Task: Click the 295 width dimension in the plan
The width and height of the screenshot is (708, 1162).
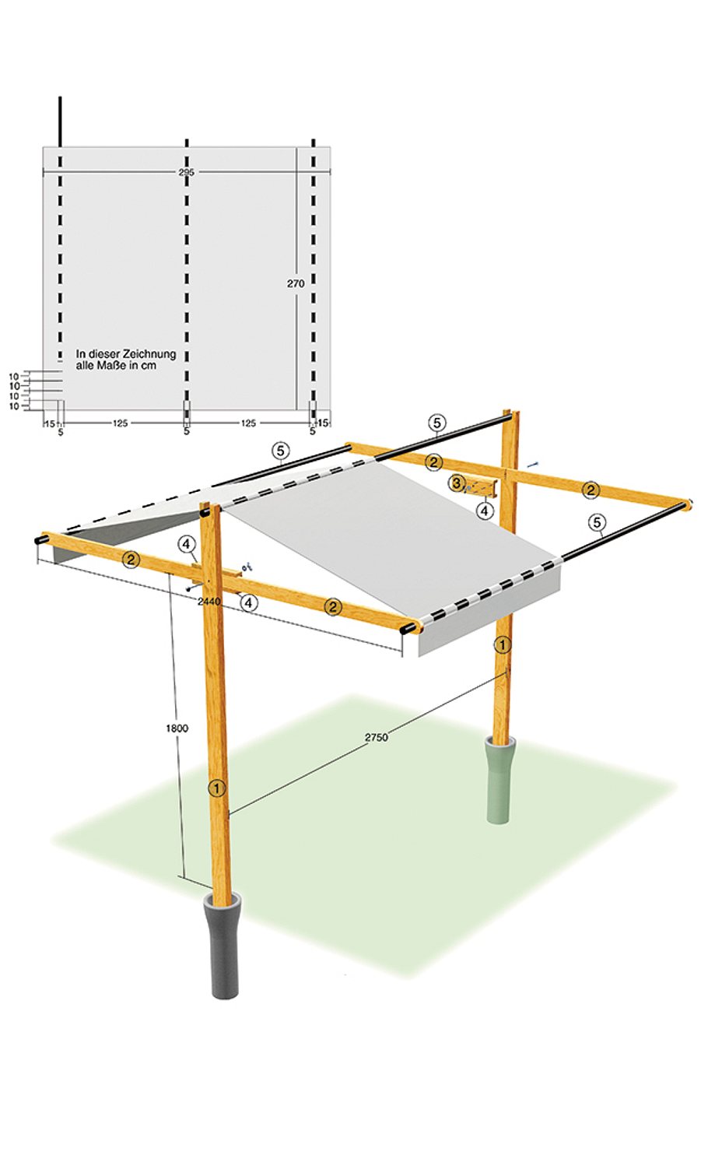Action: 186,172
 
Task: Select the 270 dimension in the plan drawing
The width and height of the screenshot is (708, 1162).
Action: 296,284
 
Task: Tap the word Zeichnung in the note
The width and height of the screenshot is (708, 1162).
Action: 150,354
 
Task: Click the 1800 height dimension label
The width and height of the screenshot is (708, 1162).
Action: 177,728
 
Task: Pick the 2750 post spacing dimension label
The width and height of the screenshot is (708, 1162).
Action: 376,736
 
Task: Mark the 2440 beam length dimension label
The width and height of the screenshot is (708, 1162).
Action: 209,602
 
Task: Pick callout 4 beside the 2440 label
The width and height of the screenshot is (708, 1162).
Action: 248,602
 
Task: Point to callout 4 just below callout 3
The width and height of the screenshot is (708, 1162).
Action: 485,511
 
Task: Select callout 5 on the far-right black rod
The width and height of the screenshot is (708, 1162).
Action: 597,522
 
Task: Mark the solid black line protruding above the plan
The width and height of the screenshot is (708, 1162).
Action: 60,121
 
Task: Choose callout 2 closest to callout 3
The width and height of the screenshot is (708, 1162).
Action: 435,462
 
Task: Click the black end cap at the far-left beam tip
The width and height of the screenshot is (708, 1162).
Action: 38,539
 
